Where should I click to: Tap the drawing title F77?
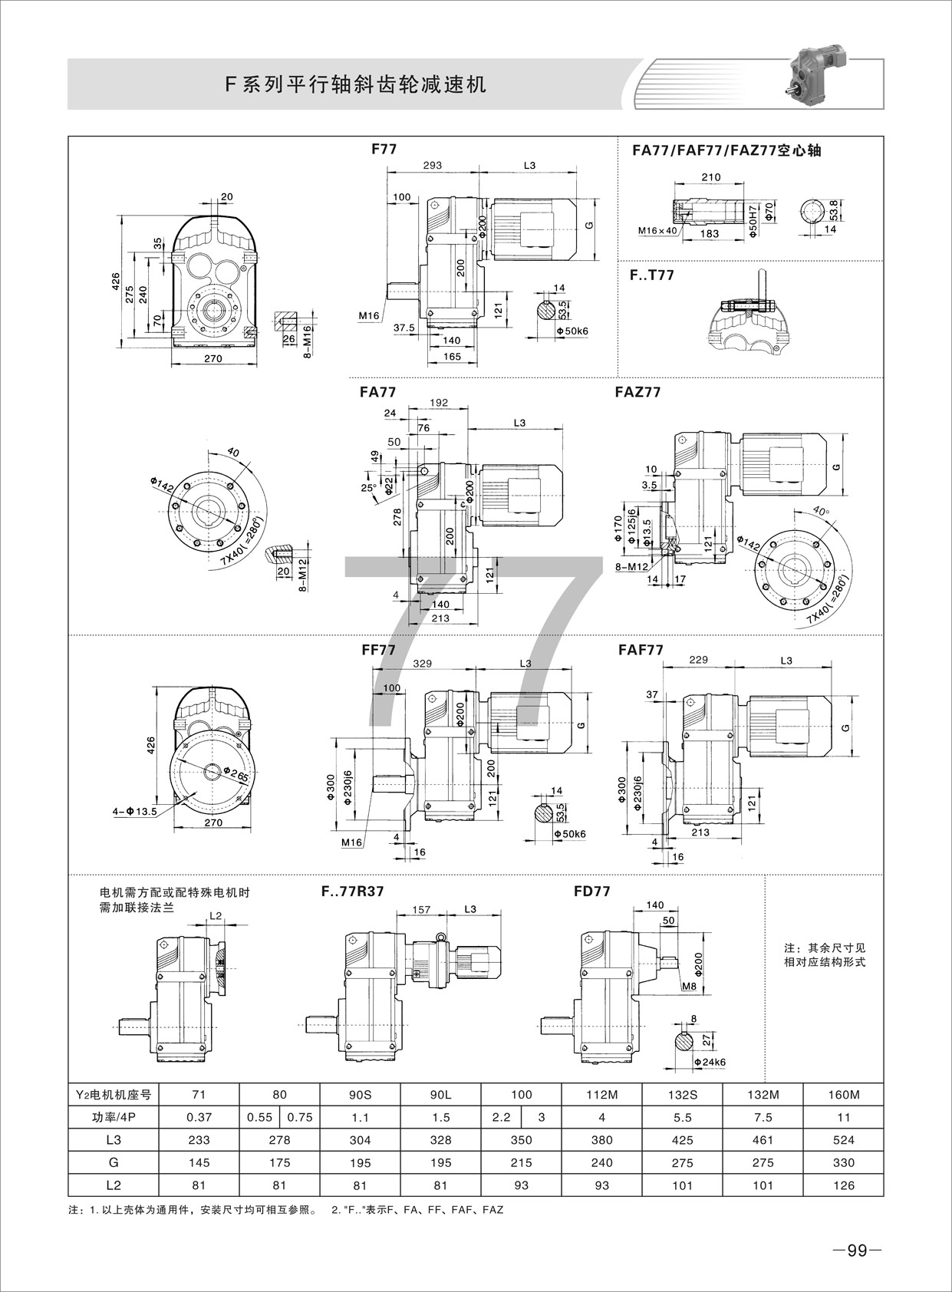384,149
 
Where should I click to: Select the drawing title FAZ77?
637,392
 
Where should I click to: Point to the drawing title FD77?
591,892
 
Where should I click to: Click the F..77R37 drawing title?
352,892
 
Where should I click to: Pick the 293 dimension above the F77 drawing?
433,165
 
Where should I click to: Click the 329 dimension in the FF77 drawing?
423,664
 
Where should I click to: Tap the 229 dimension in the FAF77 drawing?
698,660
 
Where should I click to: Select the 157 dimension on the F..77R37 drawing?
422,909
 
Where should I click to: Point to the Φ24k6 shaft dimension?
710,1062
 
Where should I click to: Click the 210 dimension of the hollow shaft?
711,177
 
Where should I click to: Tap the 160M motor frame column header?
843,1095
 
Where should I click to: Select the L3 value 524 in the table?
843,1140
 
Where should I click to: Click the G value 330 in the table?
843,1162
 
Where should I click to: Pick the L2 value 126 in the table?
843,1185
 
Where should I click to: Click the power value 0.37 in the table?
199,1118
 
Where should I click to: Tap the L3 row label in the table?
114,1140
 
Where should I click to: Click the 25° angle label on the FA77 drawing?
369,487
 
